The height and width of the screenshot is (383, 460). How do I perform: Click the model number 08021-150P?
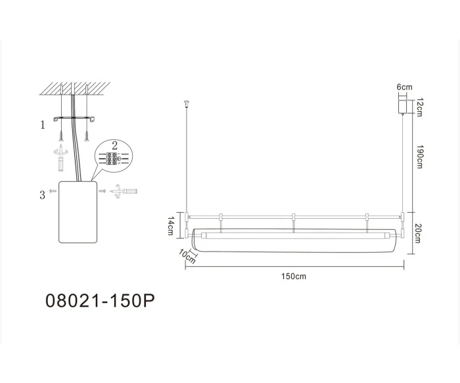(101, 302)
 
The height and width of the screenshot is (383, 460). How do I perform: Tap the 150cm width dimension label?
(295, 276)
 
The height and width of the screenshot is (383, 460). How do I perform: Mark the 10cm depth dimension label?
(188, 257)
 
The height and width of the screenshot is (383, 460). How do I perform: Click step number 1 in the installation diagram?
(43, 124)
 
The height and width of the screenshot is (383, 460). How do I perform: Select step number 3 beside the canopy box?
(43, 194)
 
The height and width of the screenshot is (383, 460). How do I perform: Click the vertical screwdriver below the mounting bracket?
(61, 156)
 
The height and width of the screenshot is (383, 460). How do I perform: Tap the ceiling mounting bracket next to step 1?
(75, 119)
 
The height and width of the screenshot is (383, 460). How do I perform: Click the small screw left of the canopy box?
(51, 190)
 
